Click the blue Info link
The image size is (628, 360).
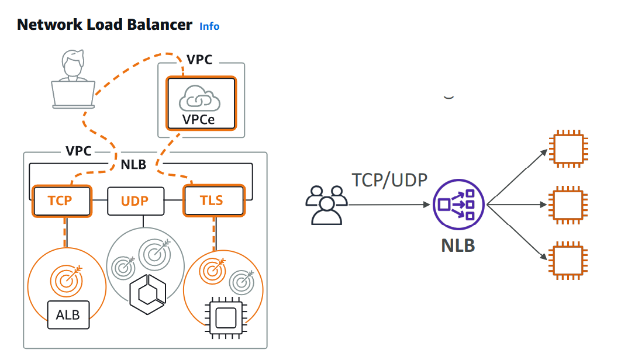click(x=209, y=26)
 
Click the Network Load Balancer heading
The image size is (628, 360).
click(x=105, y=25)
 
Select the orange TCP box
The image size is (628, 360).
click(x=61, y=201)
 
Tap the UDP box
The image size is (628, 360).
click(x=134, y=201)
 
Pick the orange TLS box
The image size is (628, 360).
click(x=212, y=201)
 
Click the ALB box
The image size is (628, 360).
click(x=68, y=315)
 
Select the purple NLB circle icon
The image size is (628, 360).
click(x=458, y=205)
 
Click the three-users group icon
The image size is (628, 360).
click(x=326, y=205)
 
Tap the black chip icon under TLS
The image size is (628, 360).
click(x=224, y=318)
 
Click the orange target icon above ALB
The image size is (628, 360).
click(x=65, y=280)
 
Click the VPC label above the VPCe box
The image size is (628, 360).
click(x=199, y=60)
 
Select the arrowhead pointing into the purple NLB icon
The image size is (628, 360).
click(x=427, y=205)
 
